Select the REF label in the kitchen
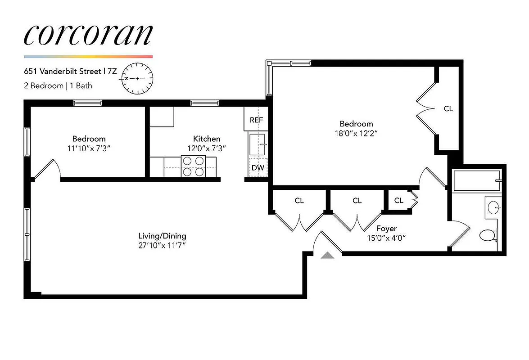[256, 121]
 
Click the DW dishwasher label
[258, 168]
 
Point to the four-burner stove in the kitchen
[193, 166]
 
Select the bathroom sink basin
[493, 208]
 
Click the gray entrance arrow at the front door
[328, 256]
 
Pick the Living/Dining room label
[162, 236]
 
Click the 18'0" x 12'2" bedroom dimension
[356, 133]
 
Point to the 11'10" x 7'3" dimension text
[89, 148]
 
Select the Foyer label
[386, 229]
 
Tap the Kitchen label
[207, 139]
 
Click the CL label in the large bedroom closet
[448, 109]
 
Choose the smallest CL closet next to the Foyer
[398, 201]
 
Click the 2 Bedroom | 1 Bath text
[58, 85]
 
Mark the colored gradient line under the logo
[88, 57]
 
